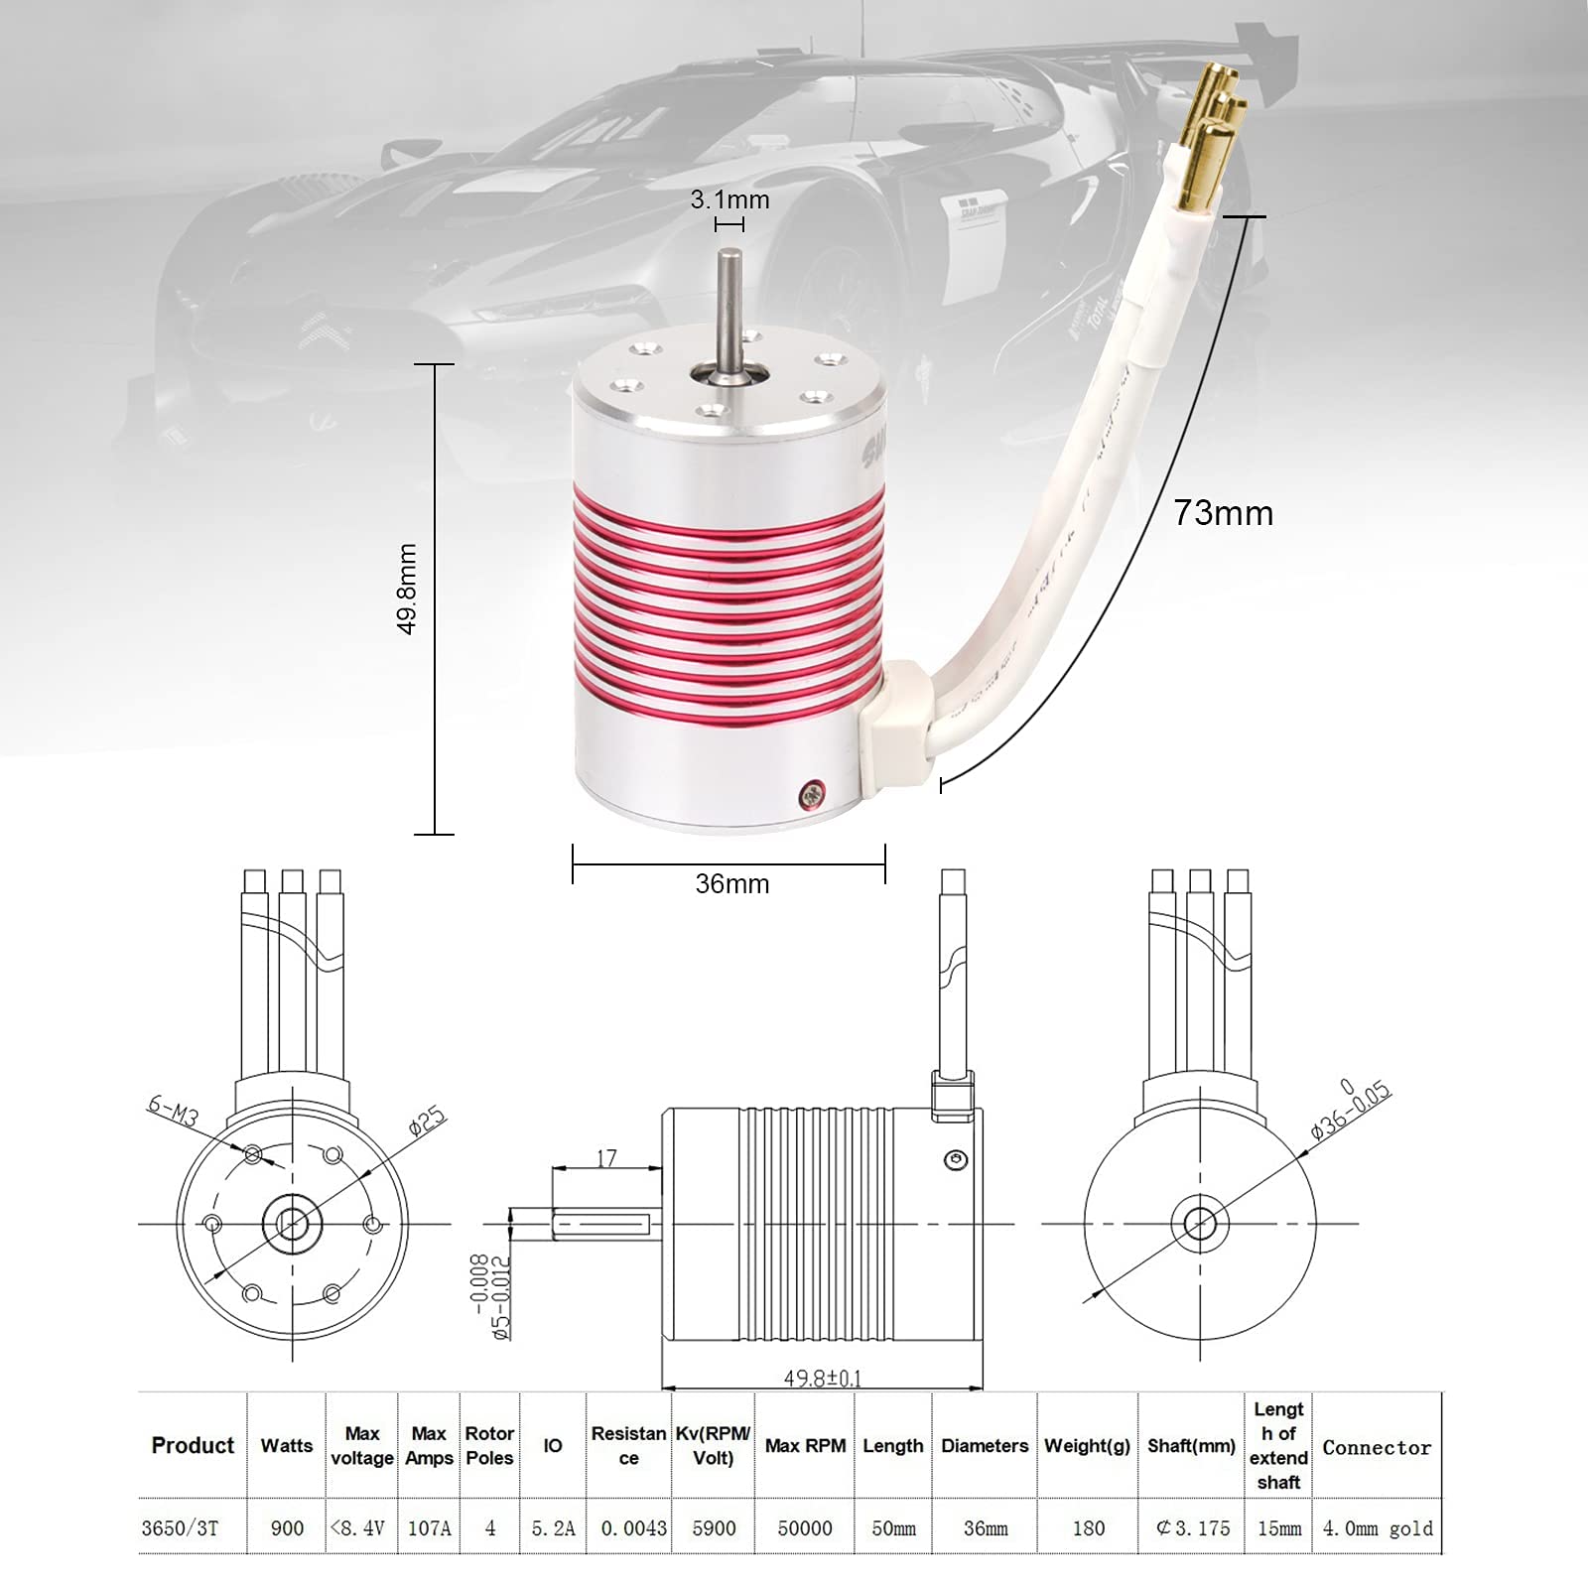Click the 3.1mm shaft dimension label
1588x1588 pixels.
tap(729, 199)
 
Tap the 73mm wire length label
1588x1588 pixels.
tap(1223, 513)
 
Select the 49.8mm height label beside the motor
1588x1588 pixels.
tap(407, 589)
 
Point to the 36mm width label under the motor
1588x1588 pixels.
tap(731, 883)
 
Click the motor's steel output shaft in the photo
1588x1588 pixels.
tap(730, 308)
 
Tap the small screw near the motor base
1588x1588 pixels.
tap(813, 792)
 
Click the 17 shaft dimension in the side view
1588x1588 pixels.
tap(606, 1158)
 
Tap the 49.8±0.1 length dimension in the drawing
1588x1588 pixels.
tap(822, 1379)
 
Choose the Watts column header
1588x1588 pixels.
tap(286, 1446)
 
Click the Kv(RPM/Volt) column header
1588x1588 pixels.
tap(713, 1446)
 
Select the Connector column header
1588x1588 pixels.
tap(1377, 1448)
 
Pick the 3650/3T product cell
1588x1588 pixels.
tap(180, 1528)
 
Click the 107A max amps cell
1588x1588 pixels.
tap(429, 1528)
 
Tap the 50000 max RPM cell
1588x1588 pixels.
tap(804, 1528)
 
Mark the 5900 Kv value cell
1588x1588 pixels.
tap(714, 1528)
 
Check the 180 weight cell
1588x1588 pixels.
tap(1088, 1528)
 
